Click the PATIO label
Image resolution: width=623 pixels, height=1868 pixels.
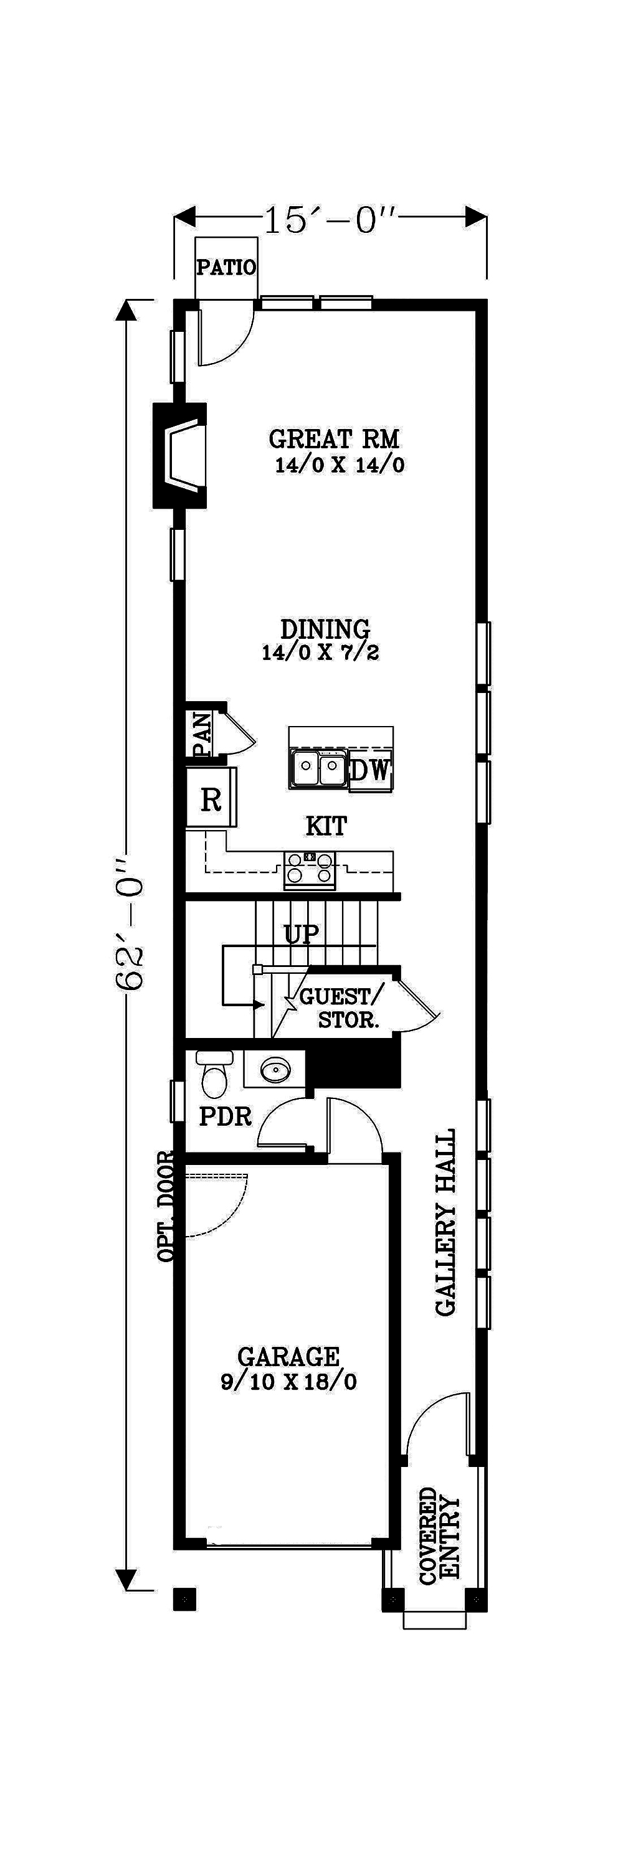(226, 268)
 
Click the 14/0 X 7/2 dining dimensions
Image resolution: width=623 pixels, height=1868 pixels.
(321, 653)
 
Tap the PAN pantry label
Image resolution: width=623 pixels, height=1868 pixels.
(202, 735)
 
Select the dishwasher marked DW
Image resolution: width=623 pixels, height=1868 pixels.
(371, 771)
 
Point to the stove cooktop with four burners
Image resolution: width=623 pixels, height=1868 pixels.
(310, 869)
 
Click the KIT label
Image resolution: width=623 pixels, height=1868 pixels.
(326, 825)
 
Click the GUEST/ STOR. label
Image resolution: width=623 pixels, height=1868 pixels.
(341, 1008)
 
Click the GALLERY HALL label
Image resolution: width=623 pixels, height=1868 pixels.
(445, 1222)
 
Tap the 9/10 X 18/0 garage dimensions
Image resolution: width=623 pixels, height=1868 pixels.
(288, 1382)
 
